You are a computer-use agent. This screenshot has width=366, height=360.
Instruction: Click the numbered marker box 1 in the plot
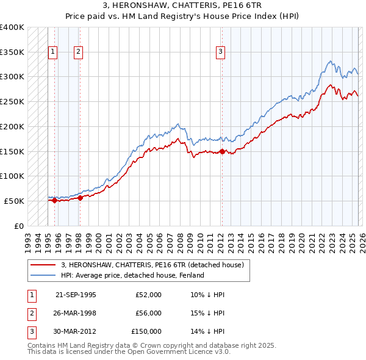[x=54, y=52]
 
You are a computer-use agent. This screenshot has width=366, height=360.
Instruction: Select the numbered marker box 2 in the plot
[x=79, y=52]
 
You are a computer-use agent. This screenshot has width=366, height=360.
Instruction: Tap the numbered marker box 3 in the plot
[x=220, y=52]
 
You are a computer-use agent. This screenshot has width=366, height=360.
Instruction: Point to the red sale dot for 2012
[x=222, y=151]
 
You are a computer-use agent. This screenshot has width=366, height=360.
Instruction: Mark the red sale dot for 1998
[x=80, y=197]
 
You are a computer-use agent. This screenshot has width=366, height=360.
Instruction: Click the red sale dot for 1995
[x=54, y=200]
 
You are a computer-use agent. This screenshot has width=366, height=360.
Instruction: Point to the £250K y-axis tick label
[x=12, y=101]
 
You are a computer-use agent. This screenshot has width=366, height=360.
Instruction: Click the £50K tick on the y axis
[x=15, y=201]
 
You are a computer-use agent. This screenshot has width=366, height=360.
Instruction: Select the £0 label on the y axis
[x=19, y=226]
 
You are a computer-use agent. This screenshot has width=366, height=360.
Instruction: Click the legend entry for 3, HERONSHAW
[x=152, y=265]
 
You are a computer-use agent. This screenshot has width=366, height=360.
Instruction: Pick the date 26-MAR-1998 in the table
[x=76, y=313]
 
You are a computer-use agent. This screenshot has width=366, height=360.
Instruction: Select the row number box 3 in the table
[x=30, y=331]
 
